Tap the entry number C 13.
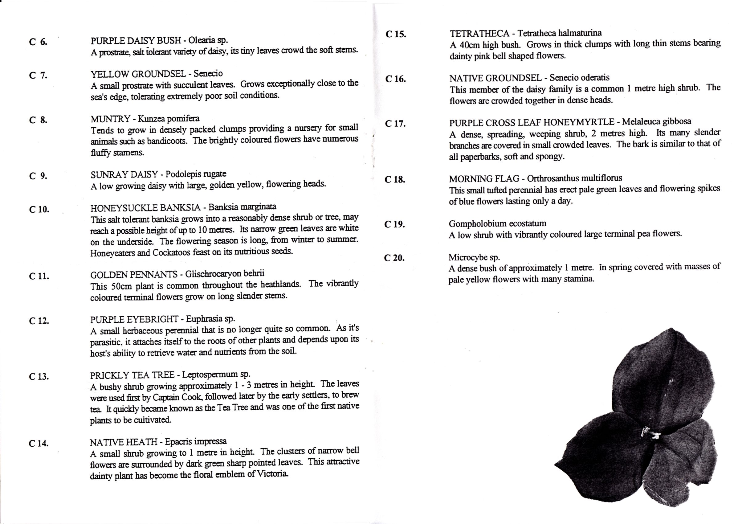[x=39, y=377]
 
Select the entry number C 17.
[x=395, y=124]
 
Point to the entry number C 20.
[x=394, y=258]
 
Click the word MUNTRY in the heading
[x=110, y=119]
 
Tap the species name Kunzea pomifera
[x=169, y=118]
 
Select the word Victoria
[x=272, y=474]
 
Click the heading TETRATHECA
[x=479, y=33]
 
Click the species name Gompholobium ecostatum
[x=497, y=223]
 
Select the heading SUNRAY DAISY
[x=124, y=175]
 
